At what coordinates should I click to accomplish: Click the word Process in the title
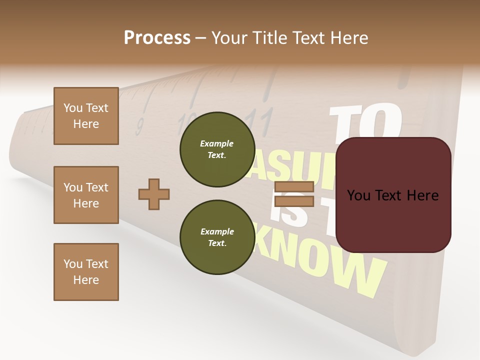point(157,37)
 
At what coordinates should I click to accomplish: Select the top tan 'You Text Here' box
point(86,116)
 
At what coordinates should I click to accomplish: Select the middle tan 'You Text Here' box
point(86,195)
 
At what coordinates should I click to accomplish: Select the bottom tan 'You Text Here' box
point(86,271)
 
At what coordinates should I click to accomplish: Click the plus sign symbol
point(154,194)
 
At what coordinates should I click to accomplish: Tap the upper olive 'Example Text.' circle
point(217,149)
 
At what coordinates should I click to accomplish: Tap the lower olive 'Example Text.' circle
point(217,237)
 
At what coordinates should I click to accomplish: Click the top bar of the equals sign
point(294,187)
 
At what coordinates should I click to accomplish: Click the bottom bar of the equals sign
point(294,201)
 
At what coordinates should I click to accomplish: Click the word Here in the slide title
point(348,37)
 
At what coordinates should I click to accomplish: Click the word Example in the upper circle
point(217,143)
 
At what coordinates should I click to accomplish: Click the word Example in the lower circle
point(217,231)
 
